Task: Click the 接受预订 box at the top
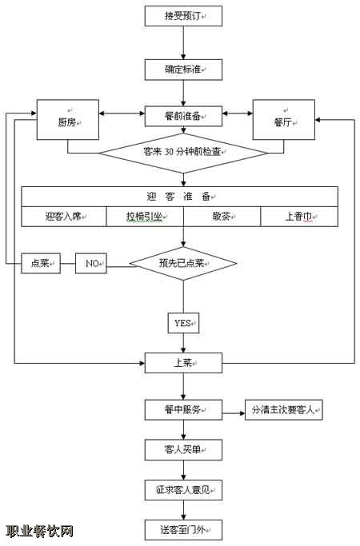(x=183, y=16)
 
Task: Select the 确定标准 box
(x=183, y=70)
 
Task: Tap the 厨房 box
(x=68, y=120)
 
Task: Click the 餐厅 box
(x=284, y=120)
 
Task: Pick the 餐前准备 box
(x=183, y=116)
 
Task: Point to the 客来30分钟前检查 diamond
(x=183, y=153)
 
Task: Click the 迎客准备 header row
(x=180, y=197)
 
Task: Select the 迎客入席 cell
(x=64, y=217)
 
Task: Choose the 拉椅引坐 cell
(x=145, y=217)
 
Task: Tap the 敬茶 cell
(x=222, y=217)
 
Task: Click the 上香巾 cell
(x=299, y=217)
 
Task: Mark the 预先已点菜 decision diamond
(x=183, y=264)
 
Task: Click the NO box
(x=91, y=263)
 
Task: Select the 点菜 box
(x=41, y=263)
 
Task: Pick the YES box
(x=183, y=323)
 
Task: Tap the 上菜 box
(x=183, y=363)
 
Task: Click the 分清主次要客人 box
(x=284, y=410)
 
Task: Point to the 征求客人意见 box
(x=183, y=490)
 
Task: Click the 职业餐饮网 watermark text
(x=39, y=531)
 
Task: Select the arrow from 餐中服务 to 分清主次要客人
(x=234, y=413)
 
